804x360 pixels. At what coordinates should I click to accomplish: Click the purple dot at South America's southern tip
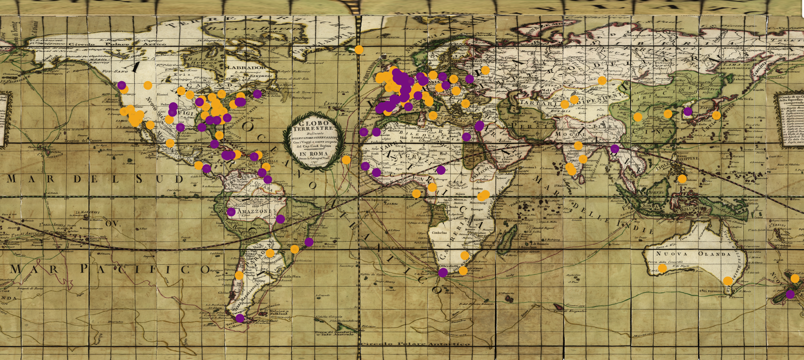[x=240, y=318]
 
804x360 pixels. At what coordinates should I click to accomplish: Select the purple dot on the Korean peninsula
[x=687, y=111]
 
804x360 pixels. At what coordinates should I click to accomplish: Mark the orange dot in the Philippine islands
[x=682, y=179]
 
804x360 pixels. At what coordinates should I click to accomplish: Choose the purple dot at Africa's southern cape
[x=443, y=273]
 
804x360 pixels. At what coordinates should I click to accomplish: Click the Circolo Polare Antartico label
[x=415, y=344]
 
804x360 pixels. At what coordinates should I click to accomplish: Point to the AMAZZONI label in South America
[x=254, y=211]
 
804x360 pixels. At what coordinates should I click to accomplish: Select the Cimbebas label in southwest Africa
[x=439, y=232]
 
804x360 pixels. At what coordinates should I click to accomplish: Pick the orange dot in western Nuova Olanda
[x=662, y=268]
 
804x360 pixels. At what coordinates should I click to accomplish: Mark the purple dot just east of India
[x=615, y=149]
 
